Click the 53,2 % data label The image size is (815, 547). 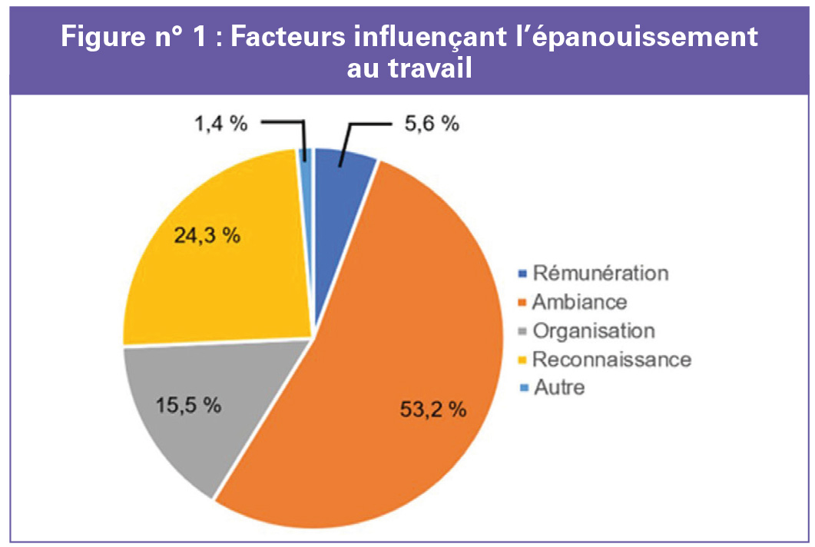pos(433,409)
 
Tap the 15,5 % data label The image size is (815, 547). pos(188,404)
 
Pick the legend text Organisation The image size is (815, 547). pos(594,330)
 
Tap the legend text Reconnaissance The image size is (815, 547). pos(611,359)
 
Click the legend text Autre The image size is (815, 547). pos(558,387)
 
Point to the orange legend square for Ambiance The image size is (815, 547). pos(523,302)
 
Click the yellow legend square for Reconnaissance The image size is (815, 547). pos(523,360)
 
